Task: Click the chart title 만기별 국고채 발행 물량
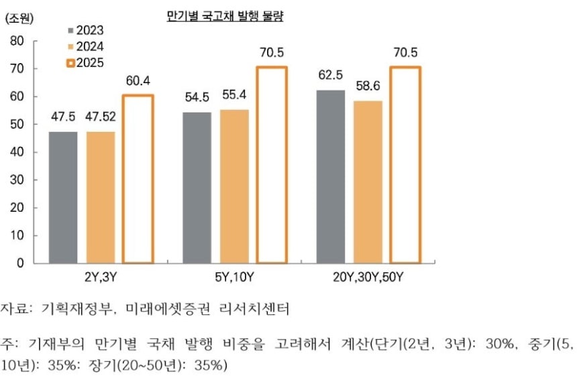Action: click(225, 17)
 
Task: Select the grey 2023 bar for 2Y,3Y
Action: click(63, 197)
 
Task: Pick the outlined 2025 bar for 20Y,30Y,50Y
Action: click(405, 164)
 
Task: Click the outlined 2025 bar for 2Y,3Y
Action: click(138, 178)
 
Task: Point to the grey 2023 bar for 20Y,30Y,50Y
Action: click(331, 176)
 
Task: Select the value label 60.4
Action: click(138, 81)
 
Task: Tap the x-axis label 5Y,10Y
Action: click(234, 276)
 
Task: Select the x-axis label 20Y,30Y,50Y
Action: click(368, 276)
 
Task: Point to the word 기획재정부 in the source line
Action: click(72, 310)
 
